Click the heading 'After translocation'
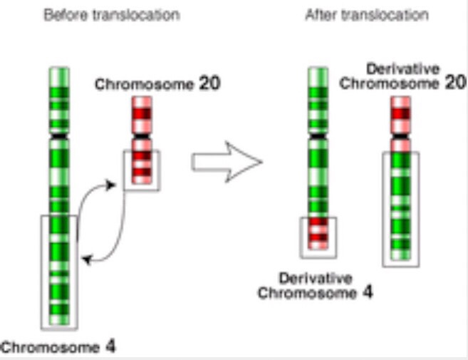point(366,15)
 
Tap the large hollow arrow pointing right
point(227,162)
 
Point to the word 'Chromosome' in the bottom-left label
point(50,348)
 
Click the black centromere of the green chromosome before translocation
point(59,133)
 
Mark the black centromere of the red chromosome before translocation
point(142,134)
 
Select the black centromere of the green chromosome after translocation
point(318,133)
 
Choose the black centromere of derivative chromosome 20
point(400,134)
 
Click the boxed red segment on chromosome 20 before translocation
point(142,168)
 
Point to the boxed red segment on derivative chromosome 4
point(318,236)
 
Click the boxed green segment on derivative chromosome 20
point(400,207)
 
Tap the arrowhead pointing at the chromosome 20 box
point(111,185)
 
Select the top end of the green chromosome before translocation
point(59,70)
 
